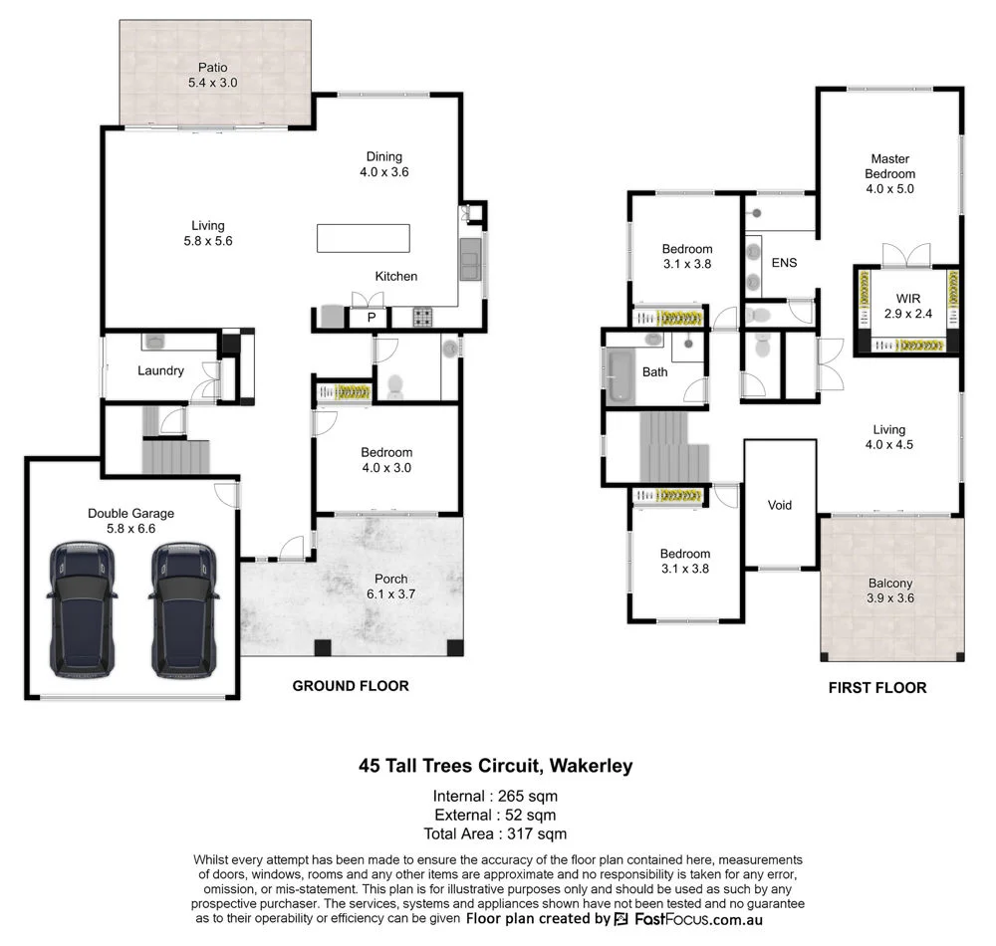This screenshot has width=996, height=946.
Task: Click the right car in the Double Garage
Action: [x=185, y=609]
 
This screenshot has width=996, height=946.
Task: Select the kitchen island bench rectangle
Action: [x=364, y=239]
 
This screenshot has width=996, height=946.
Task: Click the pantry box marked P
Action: [x=372, y=318]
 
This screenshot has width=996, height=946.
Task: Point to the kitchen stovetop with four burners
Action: [x=422, y=318]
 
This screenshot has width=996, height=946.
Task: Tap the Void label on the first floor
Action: [x=780, y=505]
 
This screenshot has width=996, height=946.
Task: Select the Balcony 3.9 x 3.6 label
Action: [x=890, y=591]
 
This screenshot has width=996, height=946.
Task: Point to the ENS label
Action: [x=784, y=263]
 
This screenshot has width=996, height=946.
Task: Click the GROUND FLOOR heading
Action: [x=350, y=686]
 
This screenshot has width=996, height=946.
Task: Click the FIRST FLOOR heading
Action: [x=877, y=687]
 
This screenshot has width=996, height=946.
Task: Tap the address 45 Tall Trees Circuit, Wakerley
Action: [x=495, y=767]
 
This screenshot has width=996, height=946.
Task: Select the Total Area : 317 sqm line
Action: [x=495, y=833]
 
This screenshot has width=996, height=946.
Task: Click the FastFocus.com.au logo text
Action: [x=697, y=919]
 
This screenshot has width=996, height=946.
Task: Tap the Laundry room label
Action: [x=160, y=370]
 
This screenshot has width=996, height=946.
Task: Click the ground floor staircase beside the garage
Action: [x=176, y=457]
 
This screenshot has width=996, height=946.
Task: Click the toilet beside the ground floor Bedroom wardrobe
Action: [x=394, y=386]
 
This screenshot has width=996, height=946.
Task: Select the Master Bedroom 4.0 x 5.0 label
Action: [x=889, y=173]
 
